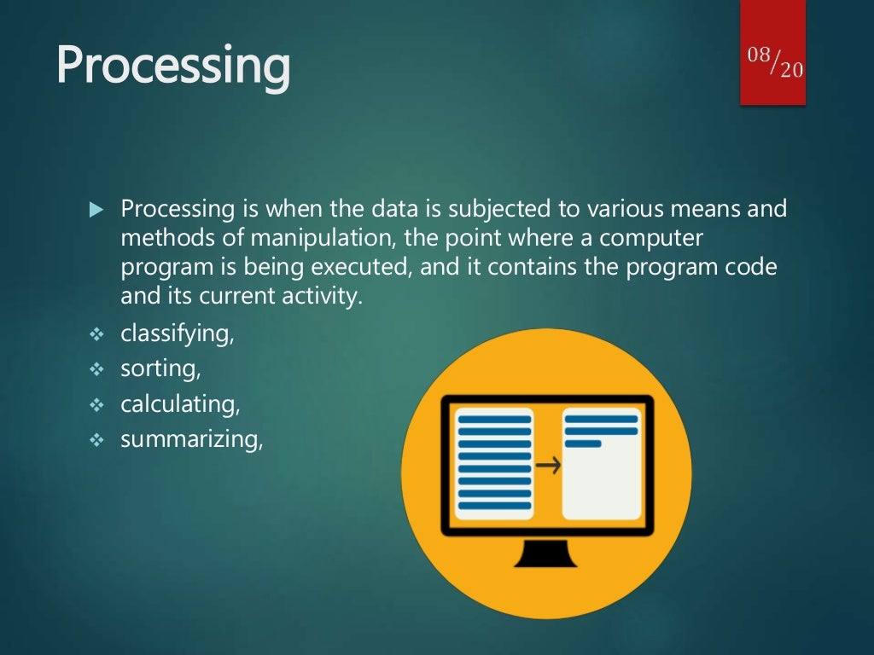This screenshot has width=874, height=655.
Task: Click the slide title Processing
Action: pyautogui.click(x=173, y=66)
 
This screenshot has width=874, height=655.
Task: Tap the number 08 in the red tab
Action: pyautogui.click(x=759, y=55)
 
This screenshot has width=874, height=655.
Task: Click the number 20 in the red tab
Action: pyautogui.click(x=791, y=70)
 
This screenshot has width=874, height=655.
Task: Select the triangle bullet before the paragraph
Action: pyautogui.click(x=96, y=210)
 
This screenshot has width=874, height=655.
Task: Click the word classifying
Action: pyautogui.click(x=176, y=334)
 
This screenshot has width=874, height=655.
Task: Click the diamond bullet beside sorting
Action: pyautogui.click(x=96, y=369)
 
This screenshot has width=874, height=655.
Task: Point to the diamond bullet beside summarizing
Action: pyautogui.click(x=96, y=441)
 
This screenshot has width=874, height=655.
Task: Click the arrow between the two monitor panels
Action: pyautogui.click(x=548, y=465)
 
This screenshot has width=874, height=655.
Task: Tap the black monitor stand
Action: pyautogui.click(x=545, y=553)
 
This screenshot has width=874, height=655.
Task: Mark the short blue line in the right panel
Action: pyautogui.click(x=583, y=443)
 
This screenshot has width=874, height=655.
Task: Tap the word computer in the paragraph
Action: pyautogui.click(x=651, y=239)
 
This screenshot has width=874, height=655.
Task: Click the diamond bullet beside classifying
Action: pyautogui.click(x=96, y=334)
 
